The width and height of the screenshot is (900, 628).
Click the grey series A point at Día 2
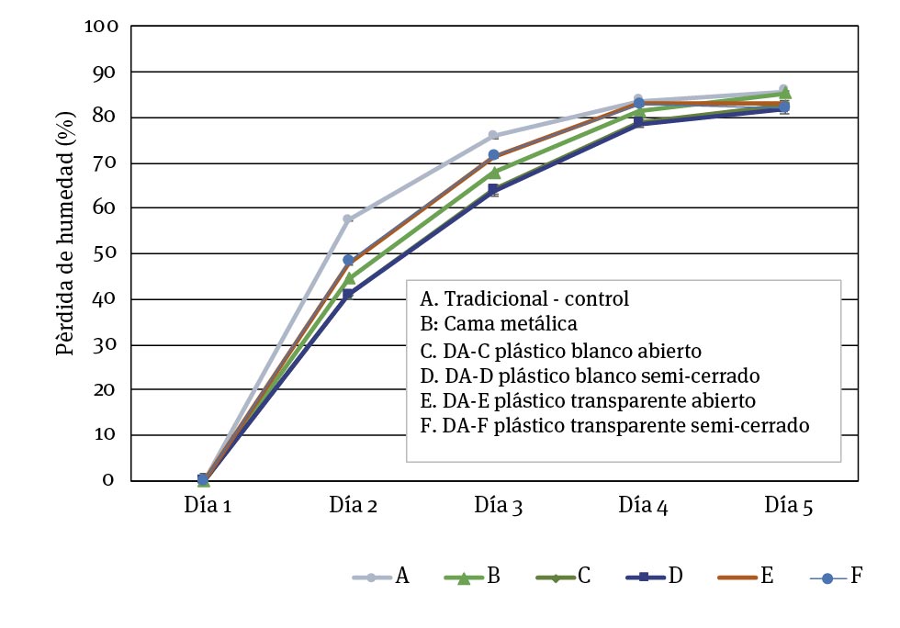point(348,219)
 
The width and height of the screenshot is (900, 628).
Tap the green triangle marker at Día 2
point(349,277)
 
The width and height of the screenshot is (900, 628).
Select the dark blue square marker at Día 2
point(348,295)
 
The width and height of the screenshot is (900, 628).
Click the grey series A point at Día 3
point(493,136)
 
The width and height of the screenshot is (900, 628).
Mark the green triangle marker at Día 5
point(785,94)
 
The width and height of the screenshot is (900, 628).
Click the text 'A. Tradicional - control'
point(524,299)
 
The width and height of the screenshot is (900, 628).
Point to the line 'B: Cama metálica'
point(498,323)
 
